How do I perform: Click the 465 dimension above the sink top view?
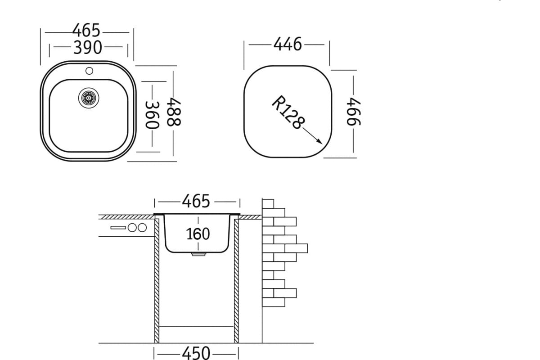click(86, 31)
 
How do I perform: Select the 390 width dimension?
click(88, 47)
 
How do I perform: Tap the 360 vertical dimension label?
click(152, 115)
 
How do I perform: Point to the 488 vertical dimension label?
click(174, 112)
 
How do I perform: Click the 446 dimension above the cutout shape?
click(288, 44)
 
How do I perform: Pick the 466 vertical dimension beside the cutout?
click(354, 112)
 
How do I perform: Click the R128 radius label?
click(288, 112)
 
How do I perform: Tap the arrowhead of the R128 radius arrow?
click(319, 142)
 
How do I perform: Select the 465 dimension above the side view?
click(196, 201)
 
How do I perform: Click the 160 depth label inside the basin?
click(198, 234)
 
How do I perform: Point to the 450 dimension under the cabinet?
click(196, 353)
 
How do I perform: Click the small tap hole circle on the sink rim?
click(89, 71)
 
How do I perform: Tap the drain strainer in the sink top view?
click(89, 98)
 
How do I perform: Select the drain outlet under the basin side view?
click(198, 254)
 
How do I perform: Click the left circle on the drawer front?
click(132, 228)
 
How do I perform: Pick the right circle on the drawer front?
click(142, 228)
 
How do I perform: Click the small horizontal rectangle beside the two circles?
click(118, 228)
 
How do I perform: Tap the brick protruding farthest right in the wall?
click(296, 248)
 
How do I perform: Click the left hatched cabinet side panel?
click(157, 281)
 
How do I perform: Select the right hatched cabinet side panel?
click(236, 281)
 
